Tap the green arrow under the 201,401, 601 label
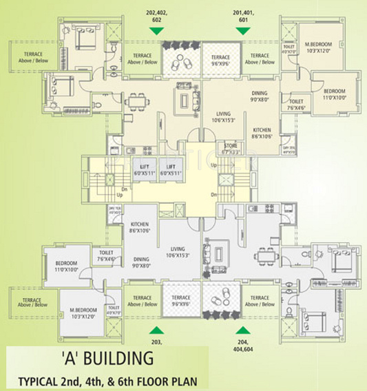coord(242,30)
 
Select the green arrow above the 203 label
coord(158,329)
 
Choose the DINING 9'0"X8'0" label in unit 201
coord(259,95)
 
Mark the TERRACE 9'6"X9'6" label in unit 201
coord(220,60)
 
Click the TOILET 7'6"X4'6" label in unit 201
coord(297,104)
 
